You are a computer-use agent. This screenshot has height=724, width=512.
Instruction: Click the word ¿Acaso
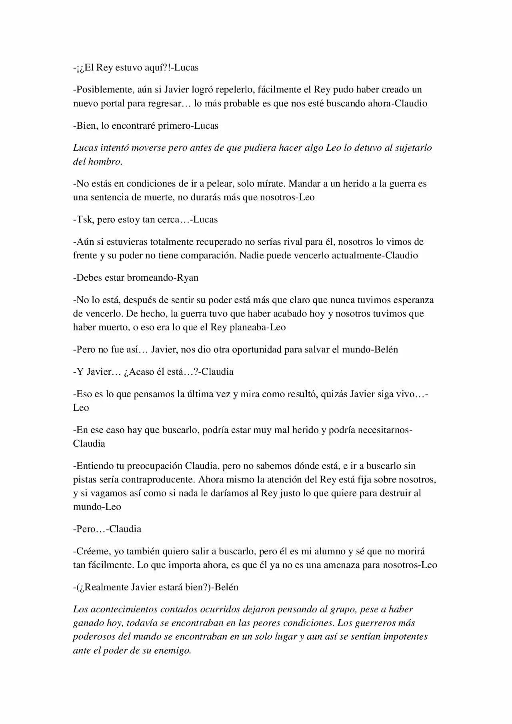click(x=138, y=372)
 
